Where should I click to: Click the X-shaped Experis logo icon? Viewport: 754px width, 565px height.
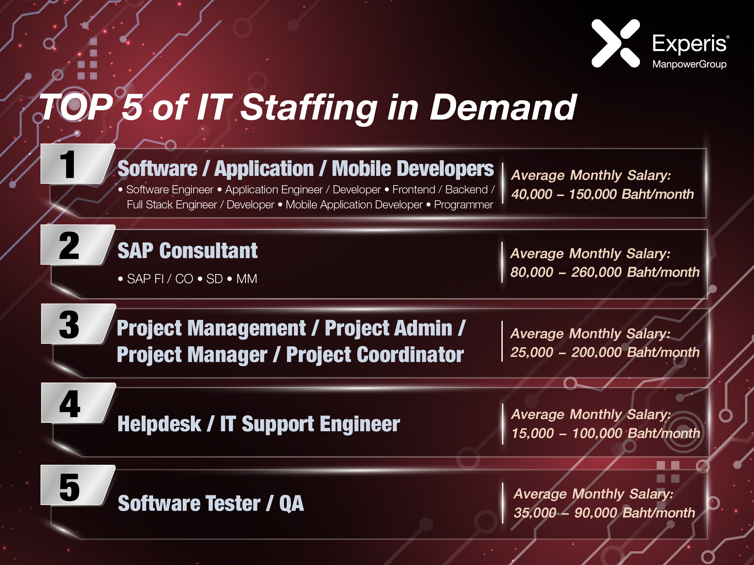[615, 43]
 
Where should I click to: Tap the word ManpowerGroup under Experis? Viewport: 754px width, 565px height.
[689, 64]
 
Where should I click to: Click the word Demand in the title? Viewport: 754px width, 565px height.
[503, 108]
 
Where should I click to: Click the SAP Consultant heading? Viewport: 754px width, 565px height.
[188, 251]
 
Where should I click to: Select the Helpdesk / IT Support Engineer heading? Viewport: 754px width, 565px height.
[259, 424]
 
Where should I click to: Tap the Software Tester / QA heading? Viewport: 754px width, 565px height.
[211, 503]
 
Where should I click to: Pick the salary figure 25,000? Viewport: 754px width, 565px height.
[532, 352]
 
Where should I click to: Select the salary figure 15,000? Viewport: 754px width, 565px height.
[533, 433]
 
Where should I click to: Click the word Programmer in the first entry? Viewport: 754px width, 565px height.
[464, 205]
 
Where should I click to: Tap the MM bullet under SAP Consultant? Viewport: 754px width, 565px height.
[247, 279]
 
